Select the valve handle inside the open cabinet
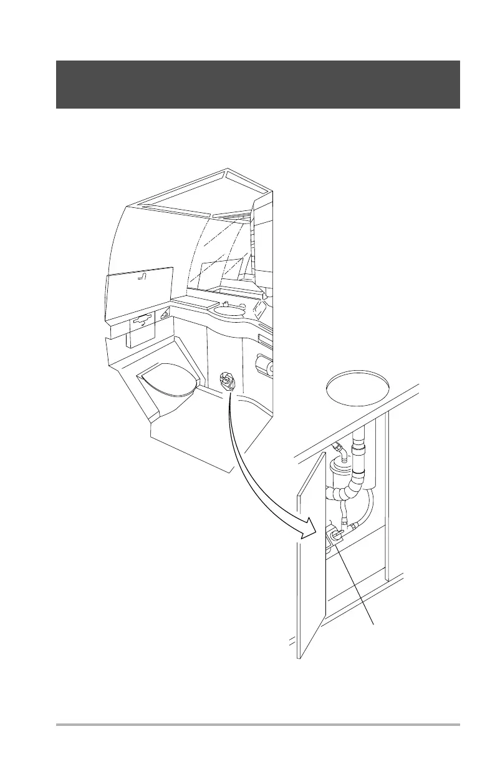335,535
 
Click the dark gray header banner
258,84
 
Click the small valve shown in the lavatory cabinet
227,380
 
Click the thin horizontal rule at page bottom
258,725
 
